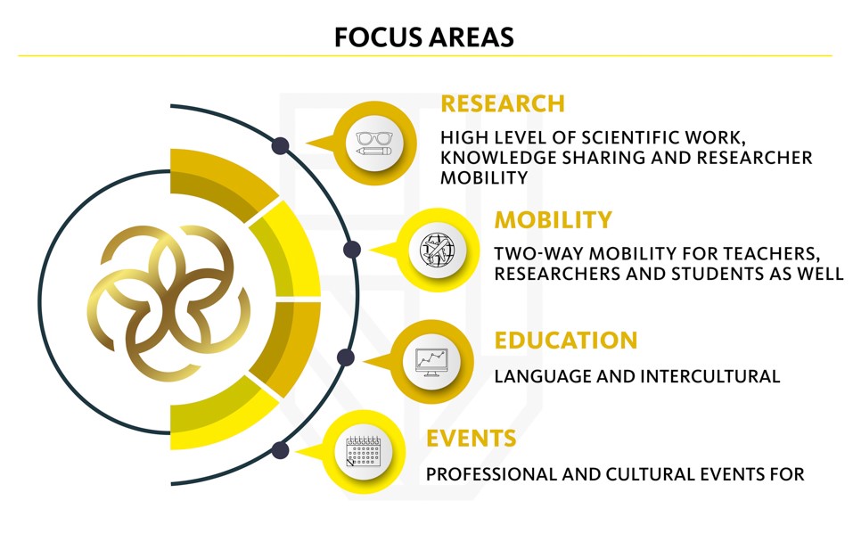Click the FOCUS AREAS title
(423, 37)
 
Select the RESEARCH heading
(503, 103)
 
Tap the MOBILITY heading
(554, 220)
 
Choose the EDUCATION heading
(566, 341)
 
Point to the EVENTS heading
(472, 438)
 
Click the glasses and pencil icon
(373, 144)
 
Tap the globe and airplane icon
(438, 250)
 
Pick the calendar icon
(364, 451)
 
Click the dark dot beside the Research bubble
(280, 146)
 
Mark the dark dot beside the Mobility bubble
(352, 250)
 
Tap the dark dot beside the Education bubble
(346, 357)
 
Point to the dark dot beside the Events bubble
(280, 450)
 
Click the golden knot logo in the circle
(168, 302)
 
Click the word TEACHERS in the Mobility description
(771, 253)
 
